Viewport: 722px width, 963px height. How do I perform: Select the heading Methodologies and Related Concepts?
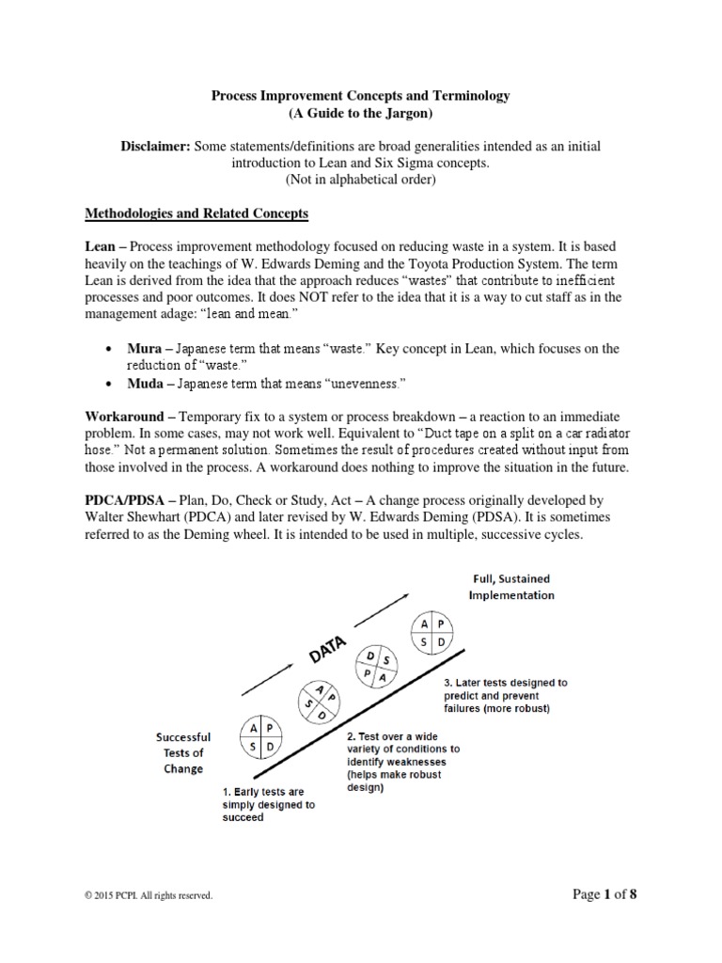pyautogui.click(x=196, y=213)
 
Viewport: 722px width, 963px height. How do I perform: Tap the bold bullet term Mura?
pyautogui.click(x=146, y=349)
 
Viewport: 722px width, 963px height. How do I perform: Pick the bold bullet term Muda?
pyautogui.click(x=147, y=383)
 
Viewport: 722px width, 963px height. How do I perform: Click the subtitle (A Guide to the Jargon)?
pyautogui.click(x=360, y=113)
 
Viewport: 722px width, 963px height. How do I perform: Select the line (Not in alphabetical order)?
pyautogui.click(x=360, y=181)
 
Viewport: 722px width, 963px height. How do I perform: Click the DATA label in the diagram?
pyautogui.click(x=327, y=652)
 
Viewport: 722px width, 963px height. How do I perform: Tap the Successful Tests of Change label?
pyautogui.click(x=183, y=753)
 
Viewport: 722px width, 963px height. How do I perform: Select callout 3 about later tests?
pyautogui.click(x=504, y=695)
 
